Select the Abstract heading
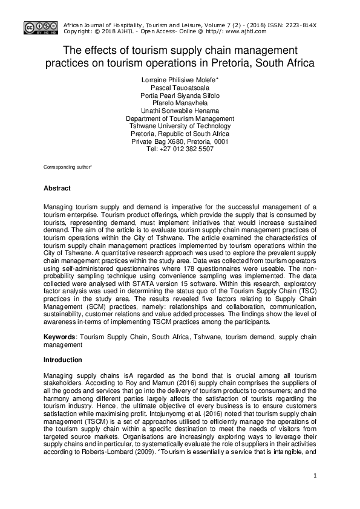(57, 189)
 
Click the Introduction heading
(62, 360)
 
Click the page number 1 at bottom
(315, 476)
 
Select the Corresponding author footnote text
(68, 166)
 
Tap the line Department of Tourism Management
(180, 119)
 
